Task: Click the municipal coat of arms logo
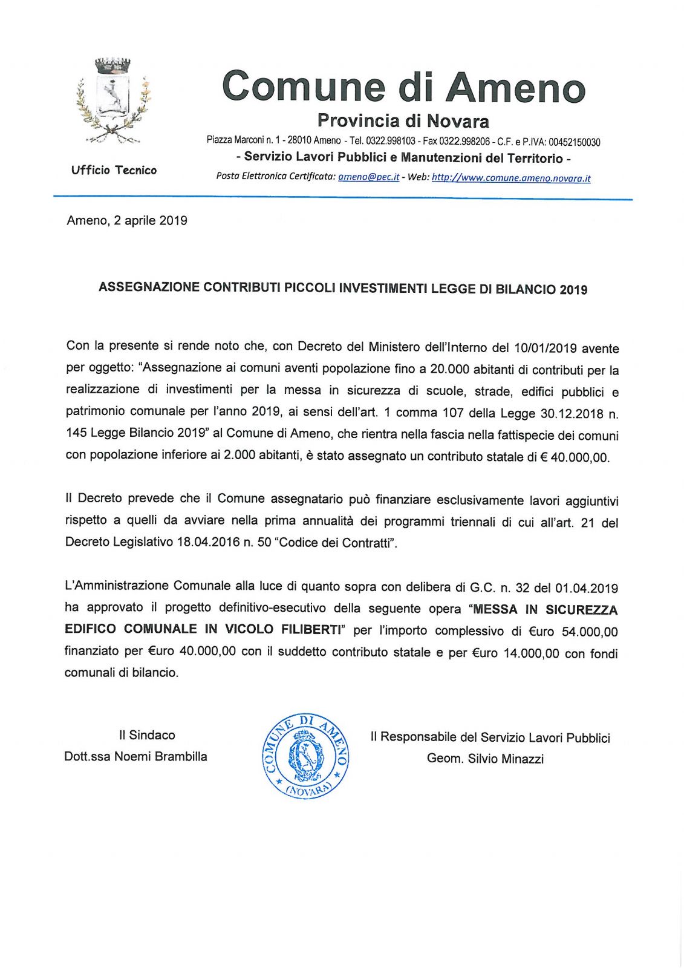tap(113, 99)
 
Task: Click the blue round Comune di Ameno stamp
tap(305, 756)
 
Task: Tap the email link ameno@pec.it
tap(368, 177)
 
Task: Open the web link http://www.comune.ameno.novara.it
tap(511, 178)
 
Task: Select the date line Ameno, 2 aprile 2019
tap(127, 221)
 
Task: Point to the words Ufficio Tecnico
tap(114, 171)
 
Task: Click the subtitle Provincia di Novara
tap(403, 121)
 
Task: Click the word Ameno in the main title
tap(516, 87)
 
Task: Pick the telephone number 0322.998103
tap(391, 141)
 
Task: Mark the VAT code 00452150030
tap(574, 142)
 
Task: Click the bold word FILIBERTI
tap(311, 630)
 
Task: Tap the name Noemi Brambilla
tap(160, 757)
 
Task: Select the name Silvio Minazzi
tap(506, 759)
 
